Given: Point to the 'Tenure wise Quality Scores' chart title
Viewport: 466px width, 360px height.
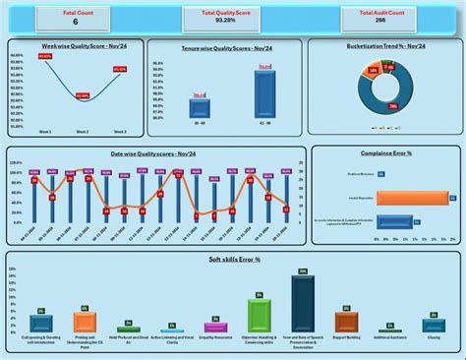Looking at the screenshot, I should [223, 47].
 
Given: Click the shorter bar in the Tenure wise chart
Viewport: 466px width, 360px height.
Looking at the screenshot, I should [200, 108].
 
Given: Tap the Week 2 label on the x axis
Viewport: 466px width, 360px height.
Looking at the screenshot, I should [82, 131].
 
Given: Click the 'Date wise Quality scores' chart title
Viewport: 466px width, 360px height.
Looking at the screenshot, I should [154, 154].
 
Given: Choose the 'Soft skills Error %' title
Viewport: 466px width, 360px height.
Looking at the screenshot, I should [232, 259].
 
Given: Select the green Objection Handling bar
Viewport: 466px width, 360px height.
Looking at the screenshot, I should [259, 316].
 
